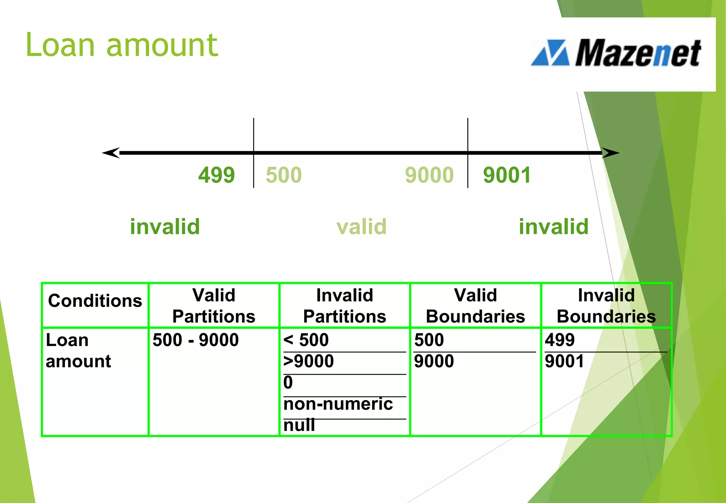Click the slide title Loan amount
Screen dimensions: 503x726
pyautogui.click(x=122, y=45)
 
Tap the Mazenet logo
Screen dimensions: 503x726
pyautogui.click(x=616, y=53)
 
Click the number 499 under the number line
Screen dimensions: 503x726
pyautogui.click(x=216, y=175)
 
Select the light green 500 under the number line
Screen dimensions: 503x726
pyautogui.click(x=284, y=175)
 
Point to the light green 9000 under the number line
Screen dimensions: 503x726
pyautogui.click(x=429, y=175)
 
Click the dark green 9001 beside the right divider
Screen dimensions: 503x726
pyautogui.click(x=507, y=175)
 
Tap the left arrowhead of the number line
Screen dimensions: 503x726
pyautogui.click(x=111, y=153)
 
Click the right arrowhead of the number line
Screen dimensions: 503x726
pyautogui.click(x=610, y=153)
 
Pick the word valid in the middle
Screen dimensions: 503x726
pyautogui.click(x=361, y=227)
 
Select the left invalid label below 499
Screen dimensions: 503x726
pyautogui.click(x=165, y=227)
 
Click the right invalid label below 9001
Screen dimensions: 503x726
pyautogui.click(x=553, y=227)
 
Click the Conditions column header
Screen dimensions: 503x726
pyautogui.click(x=95, y=301)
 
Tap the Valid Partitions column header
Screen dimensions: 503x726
pyautogui.click(x=214, y=305)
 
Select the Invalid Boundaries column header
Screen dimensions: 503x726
pyautogui.click(x=606, y=305)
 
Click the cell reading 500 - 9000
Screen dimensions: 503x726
pyautogui.click(x=196, y=340)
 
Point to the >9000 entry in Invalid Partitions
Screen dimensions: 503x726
pyautogui.click(x=308, y=361)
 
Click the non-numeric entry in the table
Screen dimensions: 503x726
pyautogui.click(x=338, y=404)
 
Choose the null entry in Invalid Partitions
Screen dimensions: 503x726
pyautogui.click(x=299, y=425)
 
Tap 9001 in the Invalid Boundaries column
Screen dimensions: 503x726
pyautogui.click(x=564, y=361)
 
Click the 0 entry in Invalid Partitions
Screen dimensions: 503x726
pyautogui.click(x=288, y=382)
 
